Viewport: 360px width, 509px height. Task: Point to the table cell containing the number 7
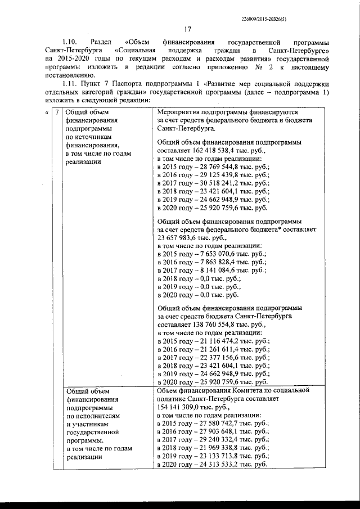click(x=56, y=111)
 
